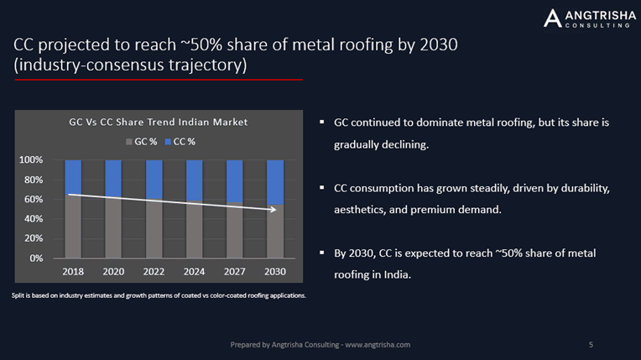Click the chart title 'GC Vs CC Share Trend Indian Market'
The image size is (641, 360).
click(x=158, y=123)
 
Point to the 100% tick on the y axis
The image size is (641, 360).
click(x=31, y=160)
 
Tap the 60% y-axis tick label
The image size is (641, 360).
click(x=33, y=200)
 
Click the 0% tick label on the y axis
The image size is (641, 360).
click(x=36, y=258)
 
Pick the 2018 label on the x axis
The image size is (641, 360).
click(x=73, y=273)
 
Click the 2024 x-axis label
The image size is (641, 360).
click(x=195, y=273)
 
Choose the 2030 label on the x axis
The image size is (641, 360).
click(x=276, y=273)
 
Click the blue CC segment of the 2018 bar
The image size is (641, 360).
click(x=73, y=176)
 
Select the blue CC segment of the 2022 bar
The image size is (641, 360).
click(x=154, y=179)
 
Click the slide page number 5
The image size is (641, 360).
click(x=591, y=345)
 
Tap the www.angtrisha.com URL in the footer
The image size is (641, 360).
click(x=378, y=345)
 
